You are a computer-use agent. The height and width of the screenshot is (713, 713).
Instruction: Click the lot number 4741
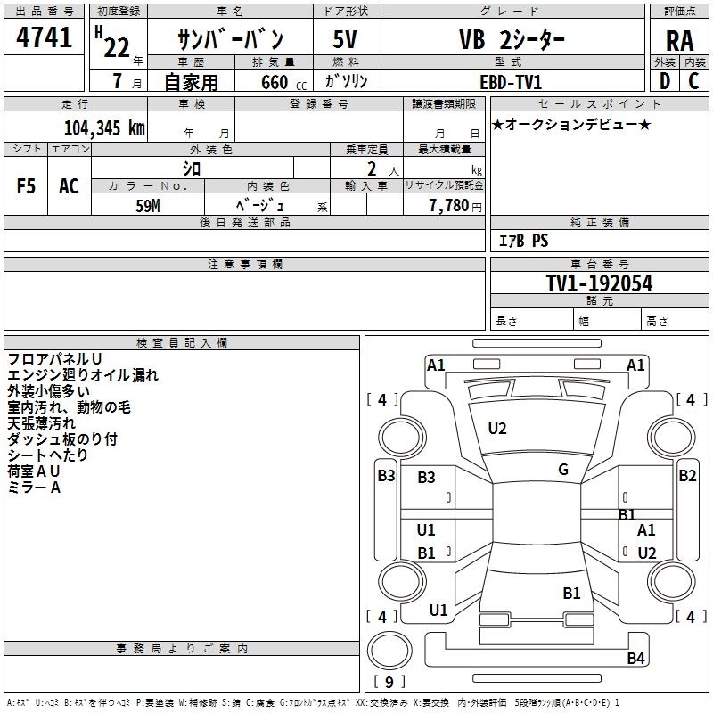(44, 37)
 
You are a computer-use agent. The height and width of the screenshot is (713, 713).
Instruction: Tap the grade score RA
(680, 41)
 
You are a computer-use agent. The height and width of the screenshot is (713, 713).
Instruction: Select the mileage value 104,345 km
(104, 127)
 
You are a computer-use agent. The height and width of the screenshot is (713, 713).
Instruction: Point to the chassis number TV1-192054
(599, 283)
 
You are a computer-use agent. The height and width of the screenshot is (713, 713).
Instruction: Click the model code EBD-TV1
(511, 82)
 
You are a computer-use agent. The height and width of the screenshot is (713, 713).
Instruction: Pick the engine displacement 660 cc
(283, 82)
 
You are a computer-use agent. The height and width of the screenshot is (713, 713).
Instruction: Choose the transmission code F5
(26, 186)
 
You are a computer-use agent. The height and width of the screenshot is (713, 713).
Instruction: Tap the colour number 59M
(148, 206)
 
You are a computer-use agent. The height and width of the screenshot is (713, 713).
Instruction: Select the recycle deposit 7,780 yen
(455, 206)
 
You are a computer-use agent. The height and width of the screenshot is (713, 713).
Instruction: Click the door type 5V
(345, 39)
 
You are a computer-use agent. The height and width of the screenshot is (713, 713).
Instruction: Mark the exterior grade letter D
(665, 81)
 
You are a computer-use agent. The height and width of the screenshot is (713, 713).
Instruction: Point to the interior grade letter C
(693, 81)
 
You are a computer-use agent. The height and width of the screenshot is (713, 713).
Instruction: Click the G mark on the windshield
(563, 470)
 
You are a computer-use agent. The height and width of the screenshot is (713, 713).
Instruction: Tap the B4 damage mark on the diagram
(635, 658)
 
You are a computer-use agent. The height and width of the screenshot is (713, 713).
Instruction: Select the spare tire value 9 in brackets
(389, 682)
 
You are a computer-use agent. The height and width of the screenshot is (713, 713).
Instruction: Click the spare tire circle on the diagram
(389, 651)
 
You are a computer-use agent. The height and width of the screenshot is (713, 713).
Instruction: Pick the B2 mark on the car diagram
(687, 476)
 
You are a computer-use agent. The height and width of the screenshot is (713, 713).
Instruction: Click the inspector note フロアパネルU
(54, 359)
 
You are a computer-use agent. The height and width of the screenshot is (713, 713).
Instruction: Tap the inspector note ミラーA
(34, 488)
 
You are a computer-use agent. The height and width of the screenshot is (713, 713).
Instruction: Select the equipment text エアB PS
(523, 241)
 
